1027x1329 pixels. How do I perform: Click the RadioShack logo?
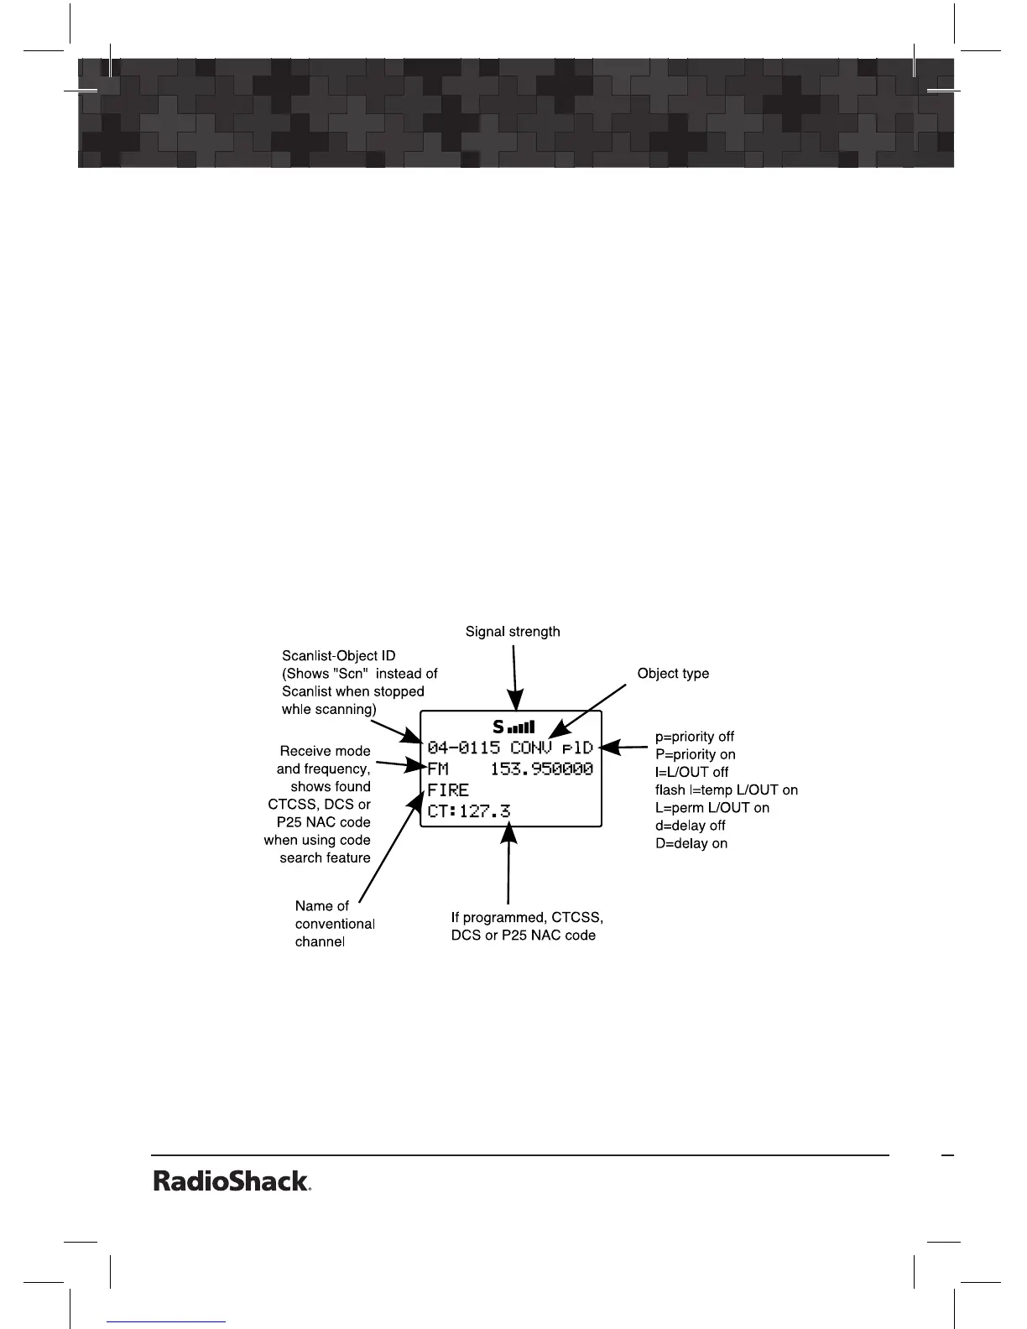click(232, 1181)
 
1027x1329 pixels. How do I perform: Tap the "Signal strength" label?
click(513, 631)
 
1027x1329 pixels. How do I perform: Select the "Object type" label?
click(673, 673)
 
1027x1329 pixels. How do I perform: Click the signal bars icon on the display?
click(522, 727)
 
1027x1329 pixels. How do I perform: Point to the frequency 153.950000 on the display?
click(541, 769)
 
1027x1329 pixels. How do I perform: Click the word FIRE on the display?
click(448, 790)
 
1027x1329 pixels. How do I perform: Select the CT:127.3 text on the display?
click(469, 811)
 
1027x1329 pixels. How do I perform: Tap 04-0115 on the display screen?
click(463, 747)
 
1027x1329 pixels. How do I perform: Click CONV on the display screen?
click(531, 747)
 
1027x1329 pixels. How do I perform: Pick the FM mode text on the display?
click(438, 769)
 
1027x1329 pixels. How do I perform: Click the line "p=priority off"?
click(694, 737)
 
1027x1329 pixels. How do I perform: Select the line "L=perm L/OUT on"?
click(712, 808)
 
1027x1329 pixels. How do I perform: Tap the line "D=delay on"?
click(691, 843)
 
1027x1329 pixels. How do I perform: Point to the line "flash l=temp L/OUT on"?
click(726, 790)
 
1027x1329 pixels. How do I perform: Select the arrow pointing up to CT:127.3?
click(508, 864)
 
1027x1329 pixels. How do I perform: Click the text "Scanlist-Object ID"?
click(338, 655)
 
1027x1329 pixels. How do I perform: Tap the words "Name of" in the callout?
click(321, 906)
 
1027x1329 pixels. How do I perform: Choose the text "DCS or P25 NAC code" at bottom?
click(523, 935)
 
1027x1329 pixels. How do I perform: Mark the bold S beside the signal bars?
click(498, 727)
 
